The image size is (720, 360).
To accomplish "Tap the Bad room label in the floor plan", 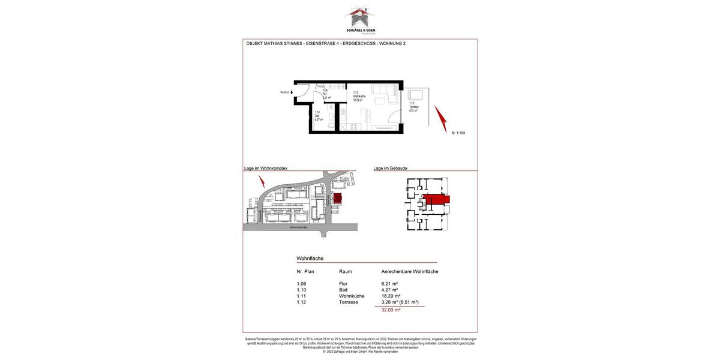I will click(x=318, y=116).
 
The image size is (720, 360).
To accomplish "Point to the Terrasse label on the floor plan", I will click(x=413, y=107).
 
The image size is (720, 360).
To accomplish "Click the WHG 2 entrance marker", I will click(x=284, y=92).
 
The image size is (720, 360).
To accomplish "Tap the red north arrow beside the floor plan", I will click(x=441, y=119).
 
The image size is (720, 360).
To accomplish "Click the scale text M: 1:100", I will click(x=458, y=133).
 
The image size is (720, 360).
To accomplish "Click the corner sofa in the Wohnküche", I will click(x=383, y=93).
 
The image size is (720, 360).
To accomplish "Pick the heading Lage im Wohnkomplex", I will click(x=266, y=169).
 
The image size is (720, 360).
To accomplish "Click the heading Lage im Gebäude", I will click(x=390, y=169).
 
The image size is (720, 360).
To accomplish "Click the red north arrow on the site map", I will click(x=262, y=182).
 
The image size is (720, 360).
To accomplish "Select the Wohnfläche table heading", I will click(x=310, y=259).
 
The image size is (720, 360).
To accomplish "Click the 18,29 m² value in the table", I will click(x=391, y=296).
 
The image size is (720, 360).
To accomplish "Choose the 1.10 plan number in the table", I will click(x=301, y=290).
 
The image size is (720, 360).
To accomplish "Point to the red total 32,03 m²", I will click(x=391, y=310).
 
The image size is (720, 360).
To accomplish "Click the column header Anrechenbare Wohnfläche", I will click(x=409, y=272).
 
